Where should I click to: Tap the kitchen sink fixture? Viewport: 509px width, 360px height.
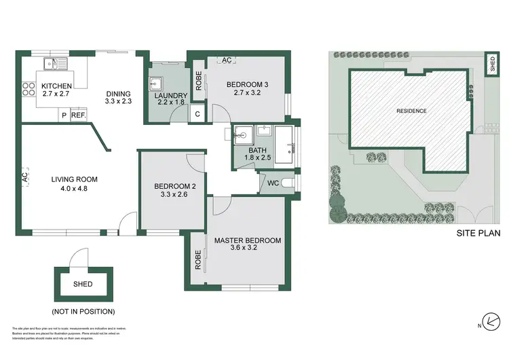52,65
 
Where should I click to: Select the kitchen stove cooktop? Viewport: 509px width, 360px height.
29,87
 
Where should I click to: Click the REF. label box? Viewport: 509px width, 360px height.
78,115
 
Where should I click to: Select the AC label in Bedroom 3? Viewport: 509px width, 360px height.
227,60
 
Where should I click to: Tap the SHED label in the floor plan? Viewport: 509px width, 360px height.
83,284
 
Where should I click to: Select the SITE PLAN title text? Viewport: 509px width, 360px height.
478,234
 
